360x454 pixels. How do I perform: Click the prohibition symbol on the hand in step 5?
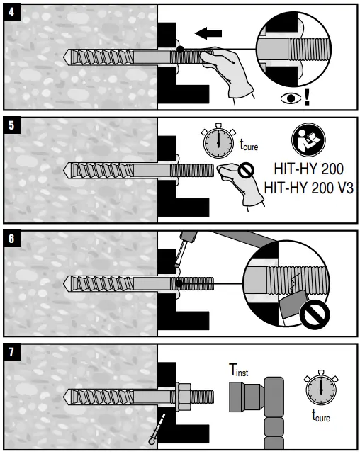[x=246, y=170]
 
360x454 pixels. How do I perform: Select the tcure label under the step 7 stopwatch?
[x=320, y=417]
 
